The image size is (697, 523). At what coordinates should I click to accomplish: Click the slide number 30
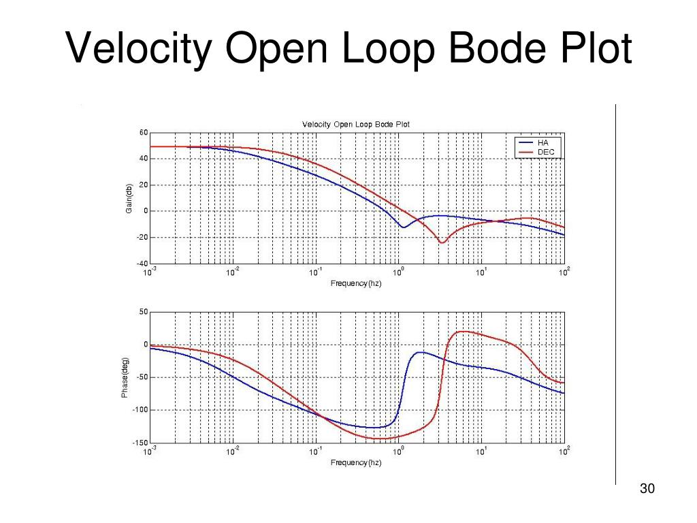(x=647, y=490)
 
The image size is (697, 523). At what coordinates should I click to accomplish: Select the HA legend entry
(x=542, y=143)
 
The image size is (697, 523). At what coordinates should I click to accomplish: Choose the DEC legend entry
(x=545, y=152)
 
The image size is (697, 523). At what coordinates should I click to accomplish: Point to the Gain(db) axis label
(x=128, y=198)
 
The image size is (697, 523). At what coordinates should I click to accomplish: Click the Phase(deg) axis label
(x=125, y=378)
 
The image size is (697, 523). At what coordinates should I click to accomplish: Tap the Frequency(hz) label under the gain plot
(x=355, y=283)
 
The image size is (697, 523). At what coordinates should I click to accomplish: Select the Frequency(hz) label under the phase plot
(x=355, y=463)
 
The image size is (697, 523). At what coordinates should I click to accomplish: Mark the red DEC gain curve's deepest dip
(x=442, y=242)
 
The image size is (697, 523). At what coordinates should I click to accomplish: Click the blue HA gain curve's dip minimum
(x=404, y=227)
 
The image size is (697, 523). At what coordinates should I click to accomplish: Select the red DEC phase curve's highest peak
(x=462, y=332)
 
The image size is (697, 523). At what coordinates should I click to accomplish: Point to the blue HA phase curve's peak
(x=421, y=352)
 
